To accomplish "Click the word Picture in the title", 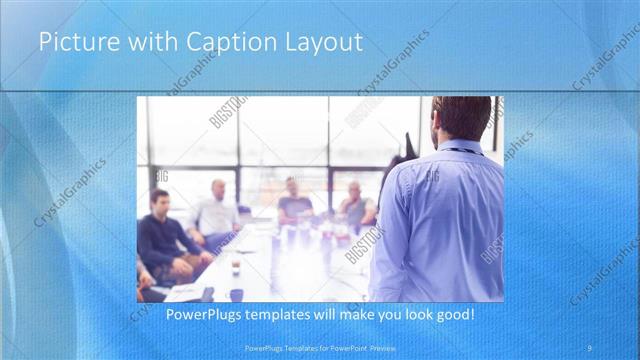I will tap(73, 43).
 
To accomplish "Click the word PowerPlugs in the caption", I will tap(200, 315).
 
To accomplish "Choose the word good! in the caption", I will tap(451, 315).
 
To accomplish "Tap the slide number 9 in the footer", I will tap(590, 347).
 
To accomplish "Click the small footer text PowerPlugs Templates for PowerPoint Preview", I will tap(320, 347).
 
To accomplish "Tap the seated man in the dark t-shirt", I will tap(294, 203).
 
